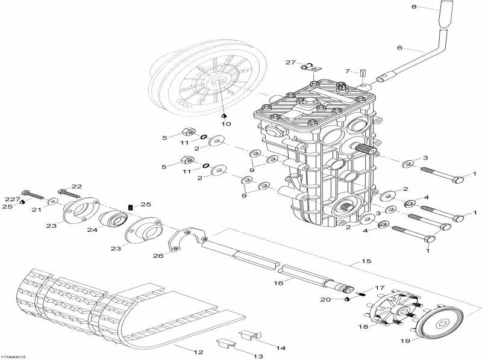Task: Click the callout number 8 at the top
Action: pos(414,6)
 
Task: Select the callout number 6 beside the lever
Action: pos(399,48)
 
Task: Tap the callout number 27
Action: pos(290,63)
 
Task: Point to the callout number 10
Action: pos(226,124)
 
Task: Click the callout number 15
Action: pos(366,261)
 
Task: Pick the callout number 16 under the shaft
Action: pos(278,282)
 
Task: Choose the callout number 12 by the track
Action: pos(199,352)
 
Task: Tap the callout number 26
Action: pos(158,256)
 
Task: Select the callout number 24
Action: pos(93,229)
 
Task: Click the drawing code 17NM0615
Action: pos(13,357)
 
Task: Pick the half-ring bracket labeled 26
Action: pos(187,240)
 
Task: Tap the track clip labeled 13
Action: pos(227,343)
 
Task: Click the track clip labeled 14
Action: pos(249,335)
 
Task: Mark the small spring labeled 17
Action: pos(363,294)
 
